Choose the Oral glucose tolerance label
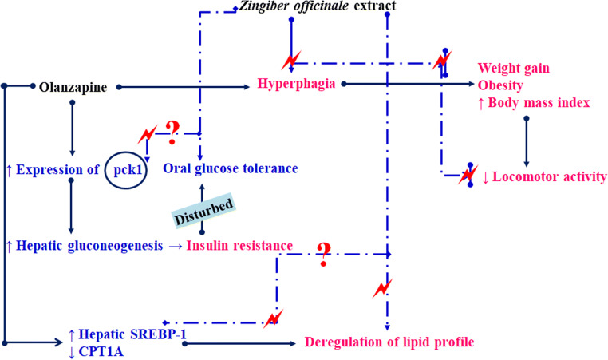click(231, 168)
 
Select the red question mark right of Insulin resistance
click(323, 252)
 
